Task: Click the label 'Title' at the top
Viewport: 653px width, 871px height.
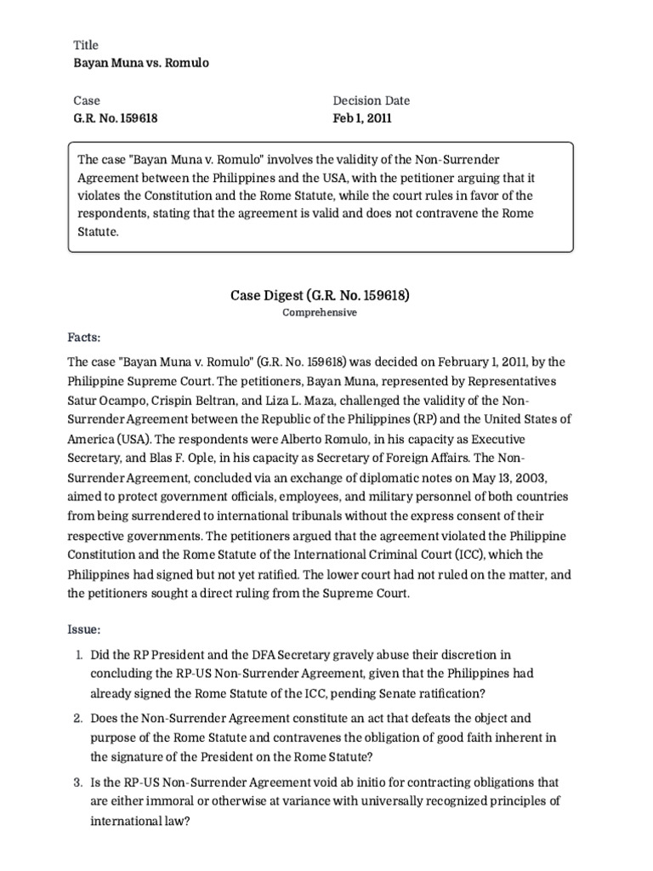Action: (x=87, y=45)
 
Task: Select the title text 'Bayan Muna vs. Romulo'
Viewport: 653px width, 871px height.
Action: (x=142, y=63)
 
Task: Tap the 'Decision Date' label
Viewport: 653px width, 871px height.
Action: (x=371, y=100)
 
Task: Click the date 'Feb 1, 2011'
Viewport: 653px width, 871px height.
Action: (x=362, y=118)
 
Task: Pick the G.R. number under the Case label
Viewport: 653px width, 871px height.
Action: (x=116, y=118)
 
